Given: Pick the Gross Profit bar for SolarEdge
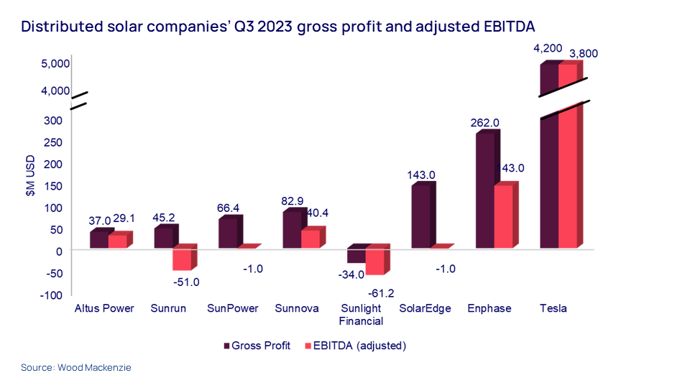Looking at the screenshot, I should click(x=420, y=217).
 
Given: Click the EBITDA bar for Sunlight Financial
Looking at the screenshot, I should click(x=374, y=262).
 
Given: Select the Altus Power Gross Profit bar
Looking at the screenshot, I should click(x=98, y=240).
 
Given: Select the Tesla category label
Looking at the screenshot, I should click(x=553, y=309).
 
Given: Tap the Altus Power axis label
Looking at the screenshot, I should click(x=104, y=309).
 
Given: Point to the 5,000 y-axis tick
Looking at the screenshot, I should click(x=55, y=63).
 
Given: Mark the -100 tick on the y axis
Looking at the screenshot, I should click(x=57, y=295).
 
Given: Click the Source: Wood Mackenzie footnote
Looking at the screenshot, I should click(x=76, y=368).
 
